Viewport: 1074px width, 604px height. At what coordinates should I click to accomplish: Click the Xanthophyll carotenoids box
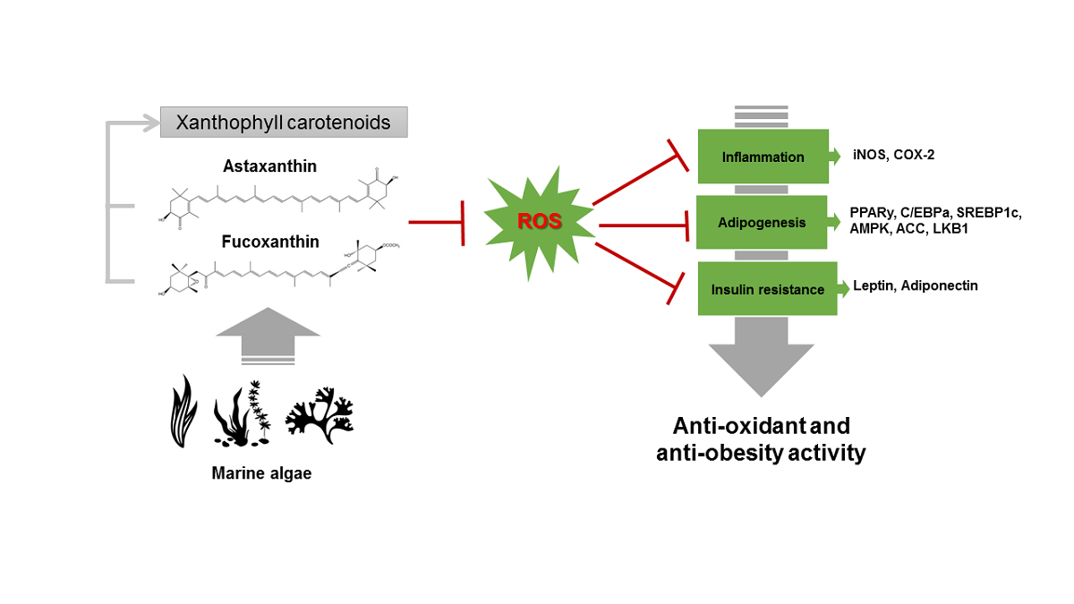[284, 123]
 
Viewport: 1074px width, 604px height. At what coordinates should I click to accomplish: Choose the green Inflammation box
[763, 157]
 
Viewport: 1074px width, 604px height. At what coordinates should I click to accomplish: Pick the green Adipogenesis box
[763, 221]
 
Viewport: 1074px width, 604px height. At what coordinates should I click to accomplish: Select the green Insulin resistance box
[767, 289]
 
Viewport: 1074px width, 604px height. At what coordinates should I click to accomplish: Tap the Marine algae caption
[261, 473]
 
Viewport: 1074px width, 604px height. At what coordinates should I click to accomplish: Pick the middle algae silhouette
[243, 413]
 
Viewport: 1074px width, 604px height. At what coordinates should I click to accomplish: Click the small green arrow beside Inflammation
[834, 157]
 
